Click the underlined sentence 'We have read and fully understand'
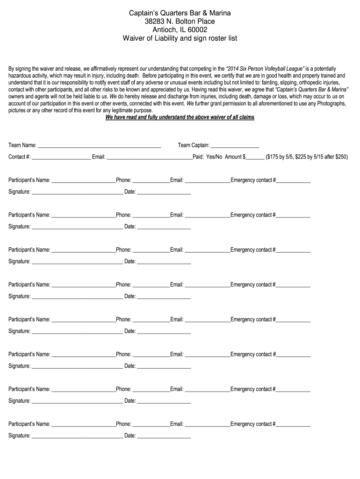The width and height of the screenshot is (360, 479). [x=180, y=117]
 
